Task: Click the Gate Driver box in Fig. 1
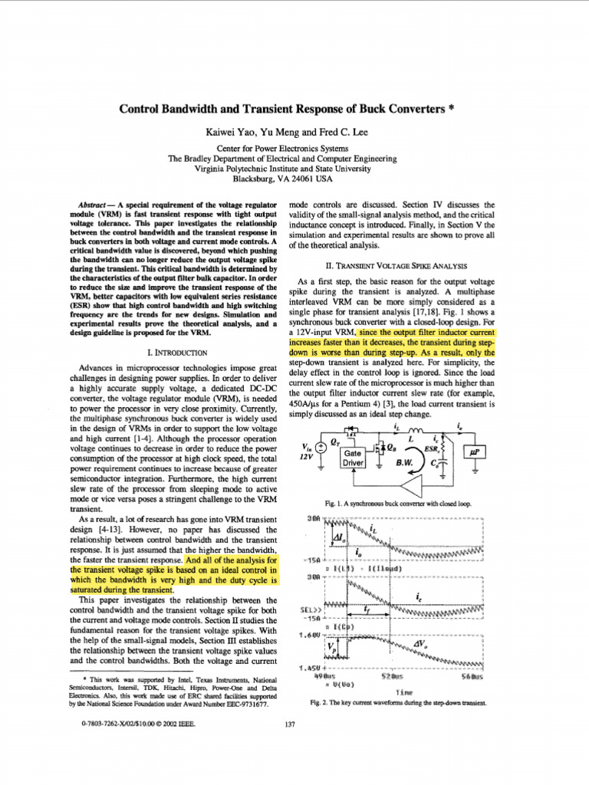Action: (x=353, y=458)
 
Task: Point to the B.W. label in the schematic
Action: (x=404, y=464)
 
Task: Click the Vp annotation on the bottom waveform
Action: (x=331, y=648)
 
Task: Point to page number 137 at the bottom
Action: (x=290, y=724)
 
